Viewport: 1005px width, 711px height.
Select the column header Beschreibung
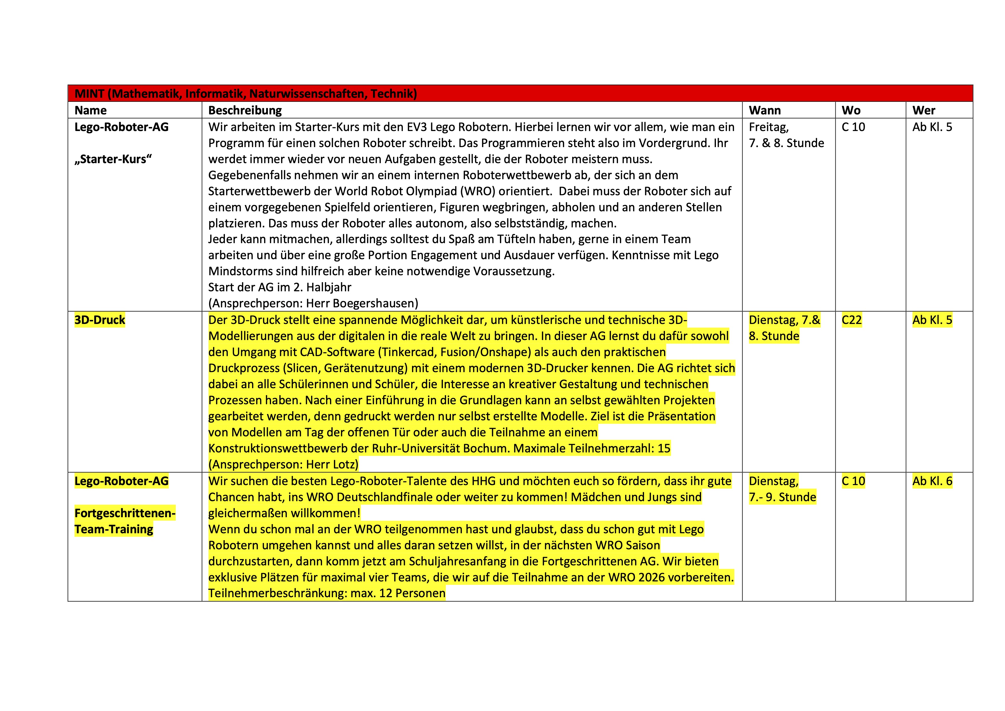point(245,110)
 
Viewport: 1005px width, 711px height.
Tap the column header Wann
point(765,110)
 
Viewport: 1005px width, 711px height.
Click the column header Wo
point(851,110)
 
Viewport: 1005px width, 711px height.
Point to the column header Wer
point(924,110)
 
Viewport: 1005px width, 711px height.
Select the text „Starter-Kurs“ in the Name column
point(113,159)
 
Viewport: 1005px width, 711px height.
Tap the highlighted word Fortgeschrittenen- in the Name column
point(125,513)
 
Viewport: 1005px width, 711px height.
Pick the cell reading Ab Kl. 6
point(932,481)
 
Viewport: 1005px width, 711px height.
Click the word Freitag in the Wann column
point(768,127)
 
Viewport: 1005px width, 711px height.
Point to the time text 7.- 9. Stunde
point(782,497)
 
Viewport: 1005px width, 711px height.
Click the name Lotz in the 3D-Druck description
point(345,464)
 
